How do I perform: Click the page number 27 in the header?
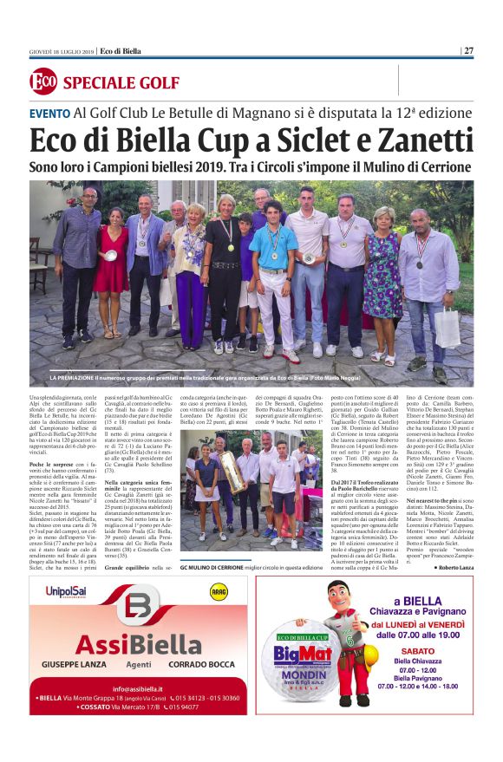tap(469, 50)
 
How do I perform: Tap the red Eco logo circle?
tap(42, 82)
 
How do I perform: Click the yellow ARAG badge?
tap(219, 591)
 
